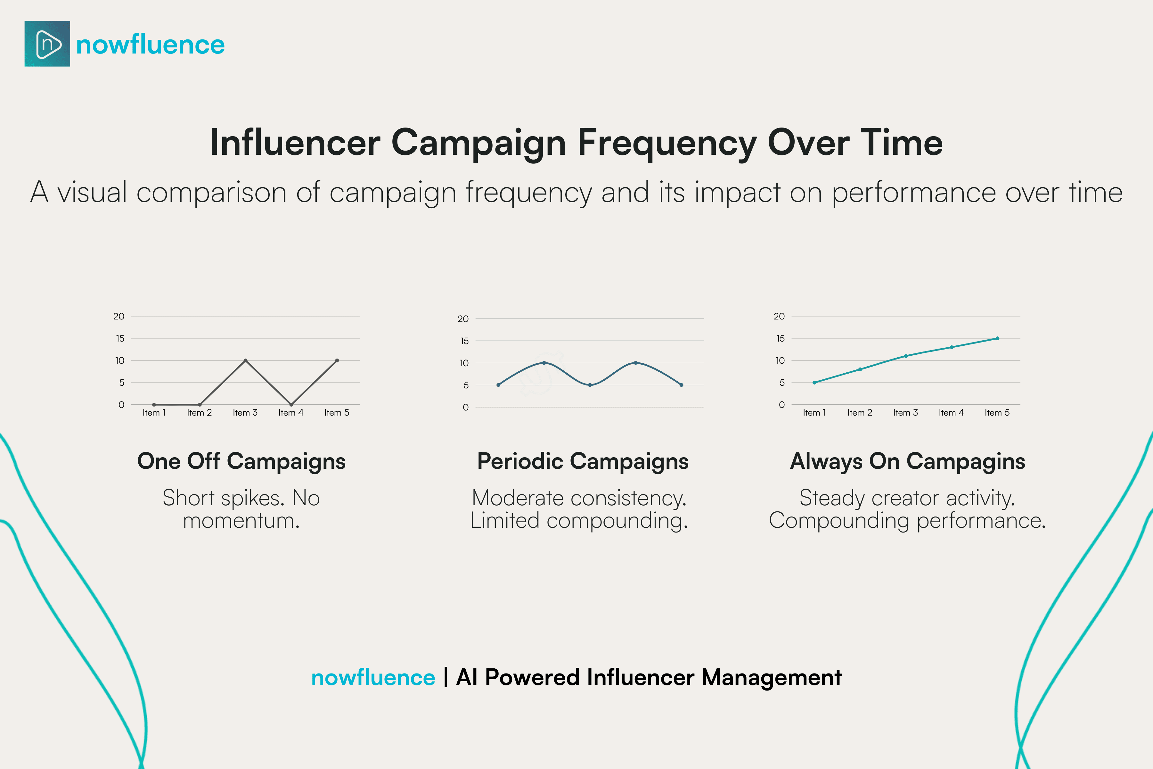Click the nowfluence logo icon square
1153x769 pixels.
[47, 44]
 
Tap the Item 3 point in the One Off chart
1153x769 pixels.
[246, 360]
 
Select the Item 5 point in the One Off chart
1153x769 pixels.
[337, 360]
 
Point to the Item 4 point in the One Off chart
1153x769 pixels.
[291, 405]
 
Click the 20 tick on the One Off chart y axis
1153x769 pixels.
[119, 316]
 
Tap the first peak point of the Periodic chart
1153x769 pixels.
[544, 363]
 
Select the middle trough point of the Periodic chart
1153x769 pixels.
[590, 385]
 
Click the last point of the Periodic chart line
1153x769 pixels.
[682, 385]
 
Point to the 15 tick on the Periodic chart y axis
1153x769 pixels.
[464, 341]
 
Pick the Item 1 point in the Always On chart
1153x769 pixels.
[814, 383]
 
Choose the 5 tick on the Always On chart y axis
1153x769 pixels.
[782, 383]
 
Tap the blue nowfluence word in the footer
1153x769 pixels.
[373, 678]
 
